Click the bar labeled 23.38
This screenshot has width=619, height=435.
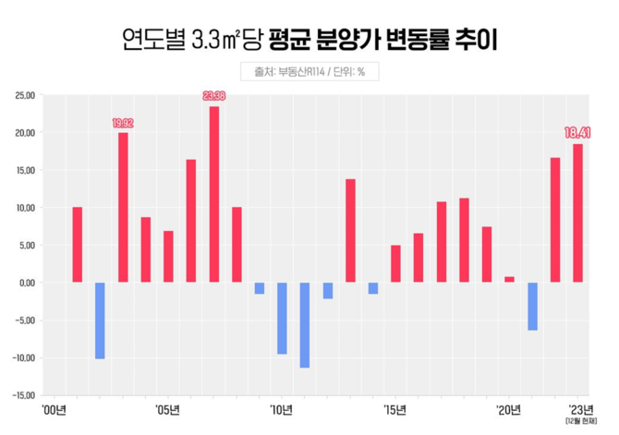pos(213,194)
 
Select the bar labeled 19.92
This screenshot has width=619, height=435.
pos(123,207)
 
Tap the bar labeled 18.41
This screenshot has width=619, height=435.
pos(577,212)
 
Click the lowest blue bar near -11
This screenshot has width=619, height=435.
pos(304,324)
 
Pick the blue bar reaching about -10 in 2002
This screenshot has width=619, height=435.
pos(100,320)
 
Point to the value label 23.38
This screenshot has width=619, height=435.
pos(214,95)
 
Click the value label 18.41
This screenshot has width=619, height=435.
pos(577,133)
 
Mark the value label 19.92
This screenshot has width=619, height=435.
pos(123,122)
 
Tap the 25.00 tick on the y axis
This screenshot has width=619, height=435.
pos(24,94)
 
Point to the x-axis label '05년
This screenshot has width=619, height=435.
pos(167,409)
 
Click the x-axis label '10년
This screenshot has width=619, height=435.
pos(281,409)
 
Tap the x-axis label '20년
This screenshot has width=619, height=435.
pos(508,409)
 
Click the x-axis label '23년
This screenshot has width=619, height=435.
pos(577,408)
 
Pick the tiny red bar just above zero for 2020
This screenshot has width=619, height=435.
pos(509,279)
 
